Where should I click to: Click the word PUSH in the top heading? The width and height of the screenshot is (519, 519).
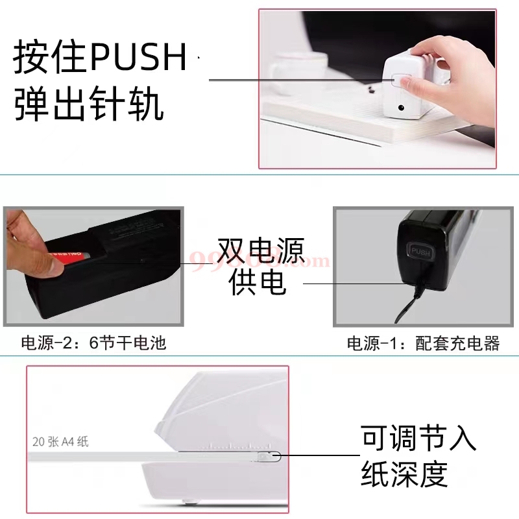coord(138,58)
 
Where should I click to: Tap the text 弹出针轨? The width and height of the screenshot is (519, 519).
coord(89,104)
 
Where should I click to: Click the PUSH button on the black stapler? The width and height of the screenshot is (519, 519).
coord(418,252)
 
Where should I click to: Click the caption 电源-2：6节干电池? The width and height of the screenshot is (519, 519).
coord(93,342)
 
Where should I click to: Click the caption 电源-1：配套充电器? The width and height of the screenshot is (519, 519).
coord(424,343)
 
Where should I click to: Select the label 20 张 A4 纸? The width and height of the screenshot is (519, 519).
coord(60,442)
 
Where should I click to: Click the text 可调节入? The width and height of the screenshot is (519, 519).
coord(419,439)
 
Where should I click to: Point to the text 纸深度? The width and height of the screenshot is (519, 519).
coord(405,474)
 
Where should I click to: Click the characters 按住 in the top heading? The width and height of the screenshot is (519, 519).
coord(49,58)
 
